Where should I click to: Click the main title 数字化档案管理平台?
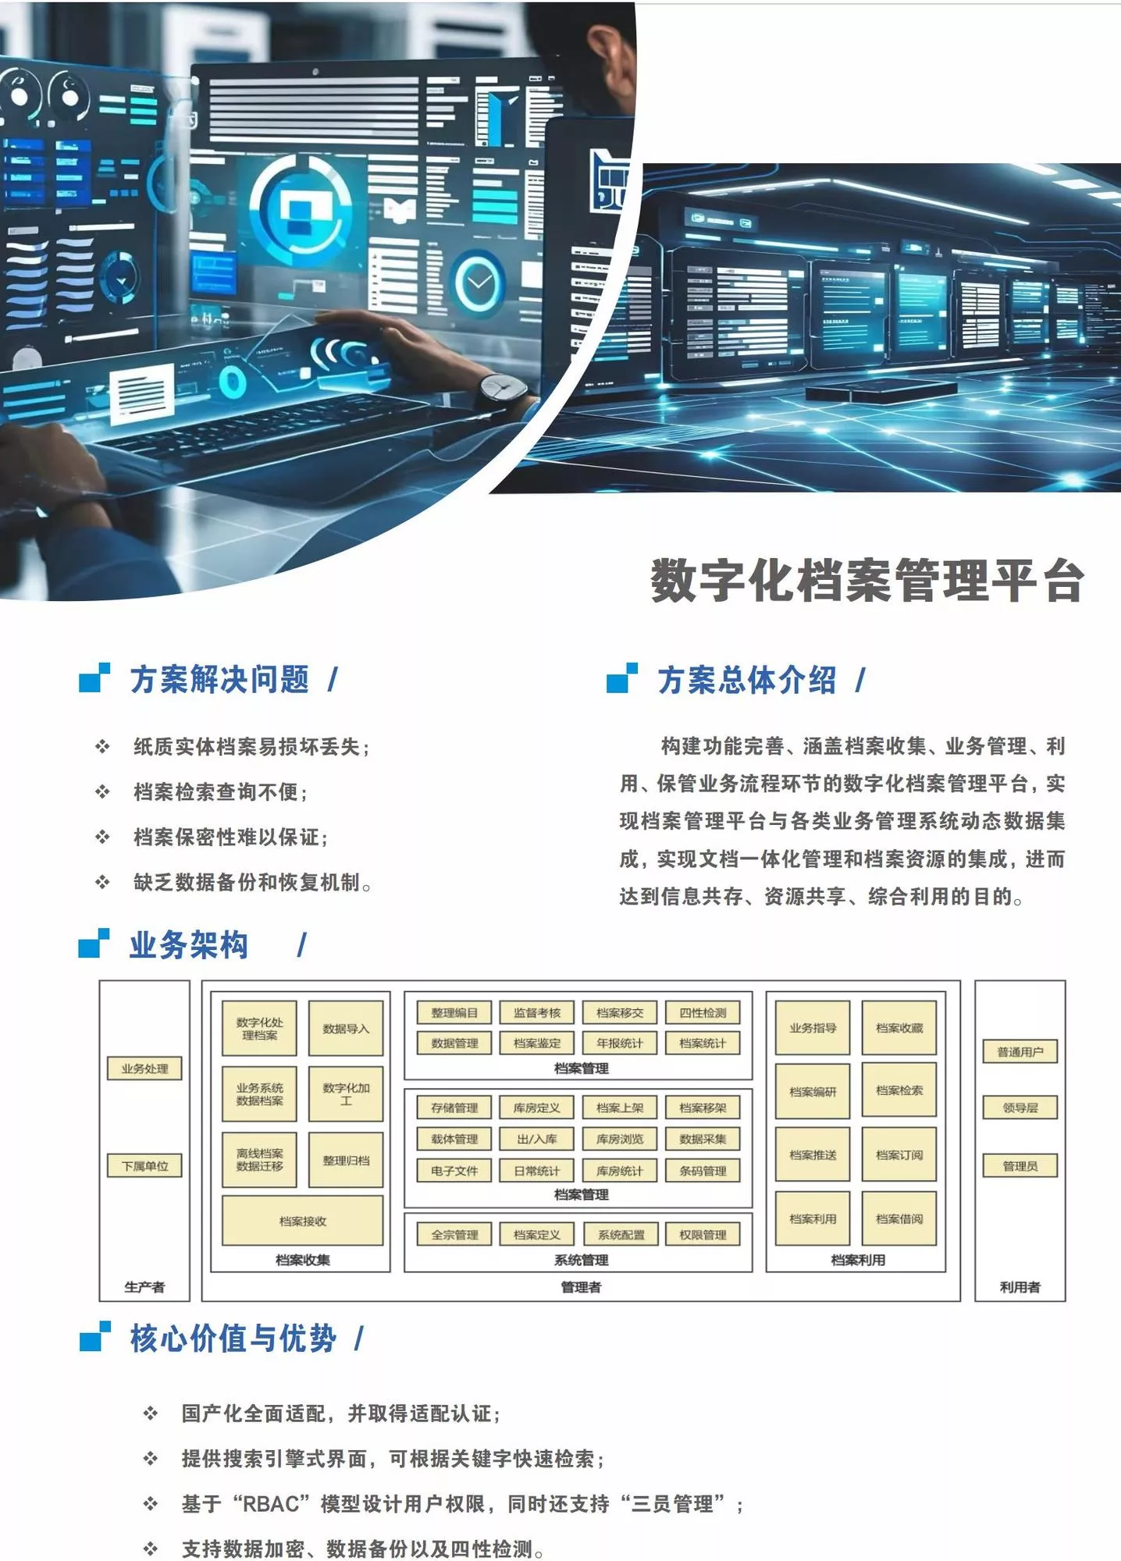tap(867, 581)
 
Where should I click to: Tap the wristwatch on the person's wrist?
tap(501, 389)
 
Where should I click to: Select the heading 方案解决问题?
tap(219, 679)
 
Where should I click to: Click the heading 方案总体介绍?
tap(747, 679)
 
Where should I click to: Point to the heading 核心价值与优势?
tap(233, 1338)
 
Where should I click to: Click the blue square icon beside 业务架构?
tap(94, 943)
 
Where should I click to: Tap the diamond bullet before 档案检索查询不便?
tap(102, 792)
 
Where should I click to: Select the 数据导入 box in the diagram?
tap(346, 1029)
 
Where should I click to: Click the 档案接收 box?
tap(303, 1221)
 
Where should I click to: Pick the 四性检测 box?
tap(703, 1012)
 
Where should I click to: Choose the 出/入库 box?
tap(537, 1139)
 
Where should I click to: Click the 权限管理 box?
tap(703, 1235)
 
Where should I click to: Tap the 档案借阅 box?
tap(899, 1218)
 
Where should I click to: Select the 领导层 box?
tap(1020, 1108)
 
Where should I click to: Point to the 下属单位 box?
tap(145, 1166)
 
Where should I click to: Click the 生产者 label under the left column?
tap(145, 1287)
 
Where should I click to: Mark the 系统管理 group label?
tap(581, 1260)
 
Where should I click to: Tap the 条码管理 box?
tap(703, 1171)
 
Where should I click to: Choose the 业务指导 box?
tap(813, 1028)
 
